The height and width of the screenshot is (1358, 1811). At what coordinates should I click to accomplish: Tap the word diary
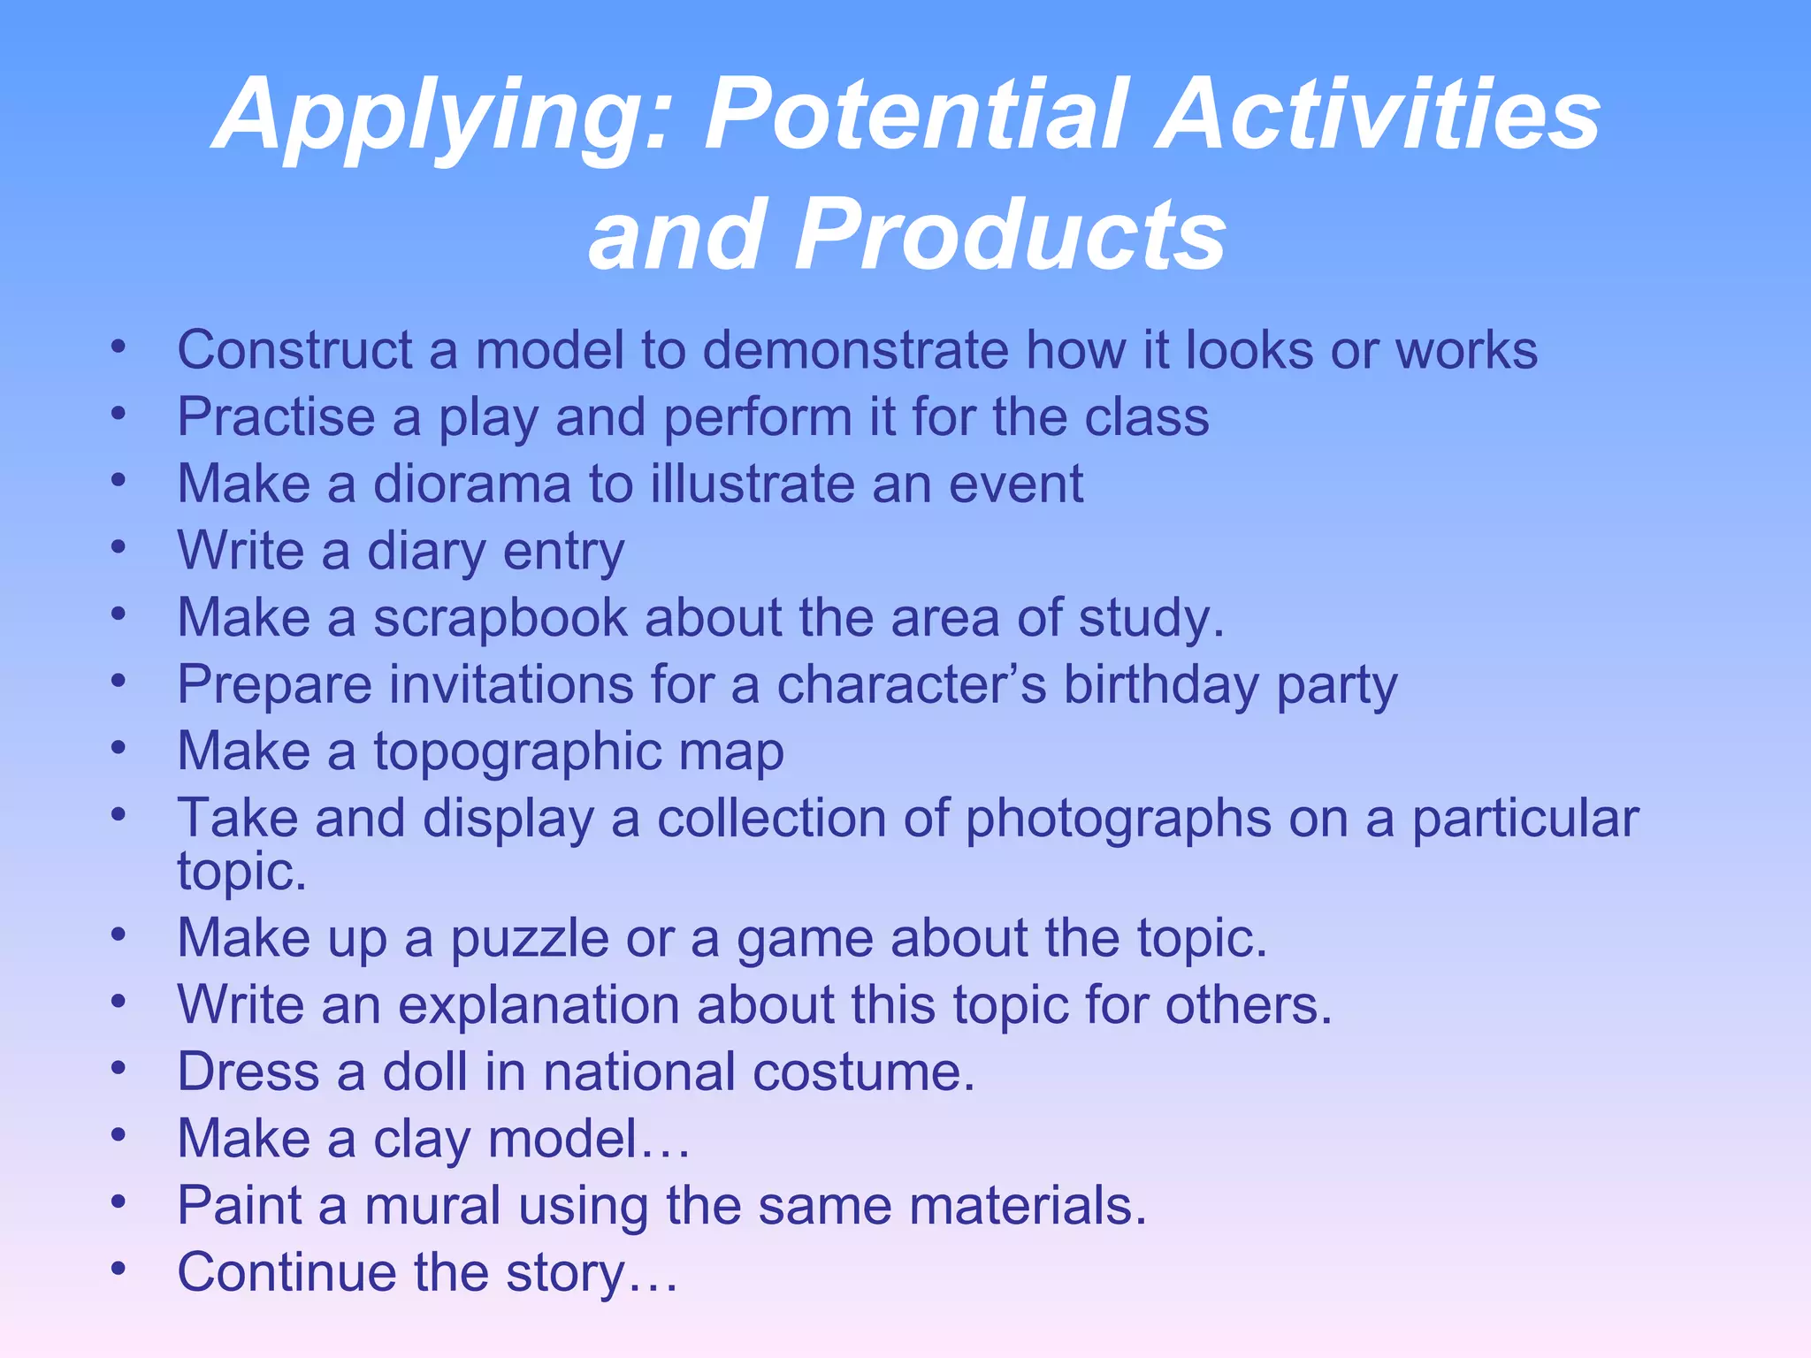426,552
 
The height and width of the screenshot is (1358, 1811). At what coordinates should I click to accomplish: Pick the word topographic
517,752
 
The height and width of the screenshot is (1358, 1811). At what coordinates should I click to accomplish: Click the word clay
422,1139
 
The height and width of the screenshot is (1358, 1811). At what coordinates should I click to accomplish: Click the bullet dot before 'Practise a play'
119,412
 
